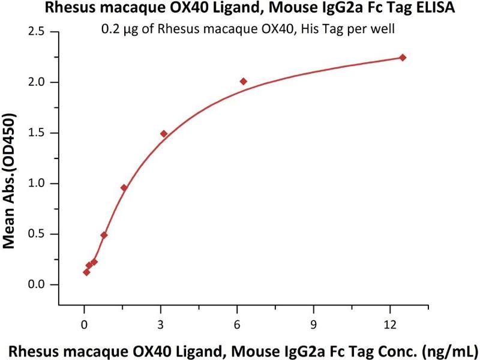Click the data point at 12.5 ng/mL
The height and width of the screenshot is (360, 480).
403,58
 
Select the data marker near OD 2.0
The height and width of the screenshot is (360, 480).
243,81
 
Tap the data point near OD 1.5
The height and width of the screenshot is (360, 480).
164,134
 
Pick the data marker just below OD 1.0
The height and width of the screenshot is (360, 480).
124,188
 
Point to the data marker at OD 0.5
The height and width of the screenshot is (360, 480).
104,235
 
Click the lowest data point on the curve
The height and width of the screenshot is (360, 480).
86,272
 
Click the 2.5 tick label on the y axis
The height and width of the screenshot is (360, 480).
38,31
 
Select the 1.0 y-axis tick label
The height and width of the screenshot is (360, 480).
38,184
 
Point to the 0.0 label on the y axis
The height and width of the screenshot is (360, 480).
38,285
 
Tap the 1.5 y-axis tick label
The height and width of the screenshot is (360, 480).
38,133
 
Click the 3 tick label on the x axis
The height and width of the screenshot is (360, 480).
161,325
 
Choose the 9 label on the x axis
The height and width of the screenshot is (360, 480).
314,325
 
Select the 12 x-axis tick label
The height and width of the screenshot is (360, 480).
391,325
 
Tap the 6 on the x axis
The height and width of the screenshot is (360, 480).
238,325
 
